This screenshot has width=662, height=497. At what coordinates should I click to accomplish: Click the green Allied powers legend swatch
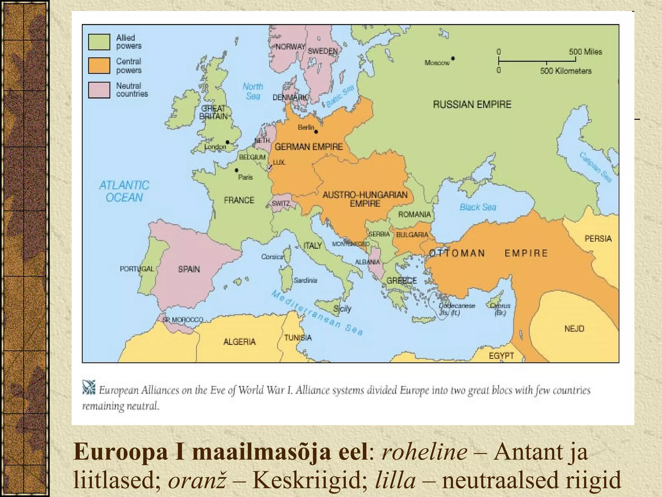click(x=99, y=42)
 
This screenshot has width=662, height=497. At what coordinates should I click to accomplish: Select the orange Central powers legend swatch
click(x=99, y=66)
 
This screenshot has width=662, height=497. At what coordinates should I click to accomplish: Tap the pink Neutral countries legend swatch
click(x=99, y=90)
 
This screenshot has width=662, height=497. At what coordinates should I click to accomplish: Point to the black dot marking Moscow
click(x=453, y=59)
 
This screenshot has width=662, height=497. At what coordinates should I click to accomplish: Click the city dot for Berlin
click(x=316, y=132)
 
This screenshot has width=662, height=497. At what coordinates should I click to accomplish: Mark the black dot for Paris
click(x=237, y=170)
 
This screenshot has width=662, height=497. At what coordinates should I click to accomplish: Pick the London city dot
click(x=228, y=142)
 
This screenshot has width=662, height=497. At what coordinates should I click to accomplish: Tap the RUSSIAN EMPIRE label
click(x=472, y=105)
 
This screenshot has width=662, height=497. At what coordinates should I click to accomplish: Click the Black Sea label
click(x=478, y=207)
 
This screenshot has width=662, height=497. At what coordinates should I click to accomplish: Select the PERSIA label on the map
click(x=598, y=239)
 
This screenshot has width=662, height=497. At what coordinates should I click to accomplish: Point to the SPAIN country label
click(x=189, y=269)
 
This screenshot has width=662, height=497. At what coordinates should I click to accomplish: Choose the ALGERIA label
click(x=240, y=342)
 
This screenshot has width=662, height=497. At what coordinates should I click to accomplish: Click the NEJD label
click(x=574, y=329)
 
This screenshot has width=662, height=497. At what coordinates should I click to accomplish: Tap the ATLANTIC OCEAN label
click(x=124, y=191)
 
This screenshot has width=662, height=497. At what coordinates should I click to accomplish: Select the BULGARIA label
click(x=412, y=235)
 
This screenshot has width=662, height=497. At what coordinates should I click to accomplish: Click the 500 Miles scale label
click(x=585, y=52)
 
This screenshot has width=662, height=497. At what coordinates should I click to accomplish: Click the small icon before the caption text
click(x=89, y=387)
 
